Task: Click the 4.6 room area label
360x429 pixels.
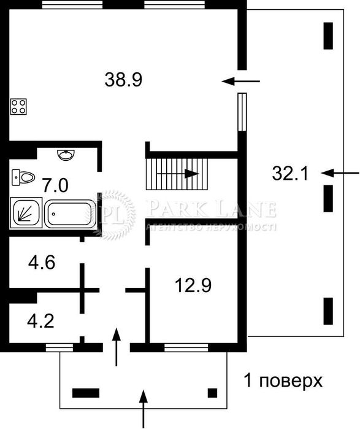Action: (x=42, y=264)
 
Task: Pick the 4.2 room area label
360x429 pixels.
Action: (x=42, y=320)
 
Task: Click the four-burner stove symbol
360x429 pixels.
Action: (x=19, y=107)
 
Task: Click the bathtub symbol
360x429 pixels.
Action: (x=71, y=214)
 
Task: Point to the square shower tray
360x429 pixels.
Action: (x=26, y=214)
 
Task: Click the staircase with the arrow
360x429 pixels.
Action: (x=177, y=174)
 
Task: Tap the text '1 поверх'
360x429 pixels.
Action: (x=283, y=381)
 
